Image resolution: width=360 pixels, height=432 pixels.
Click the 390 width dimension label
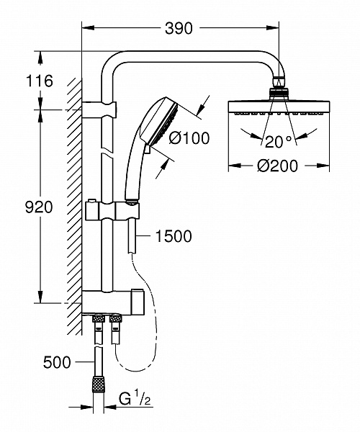[x=179, y=28]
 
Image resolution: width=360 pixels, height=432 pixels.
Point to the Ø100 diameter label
[x=189, y=138]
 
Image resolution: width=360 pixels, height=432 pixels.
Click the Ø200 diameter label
[x=278, y=166]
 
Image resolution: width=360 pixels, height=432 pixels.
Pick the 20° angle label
[x=278, y=140]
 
